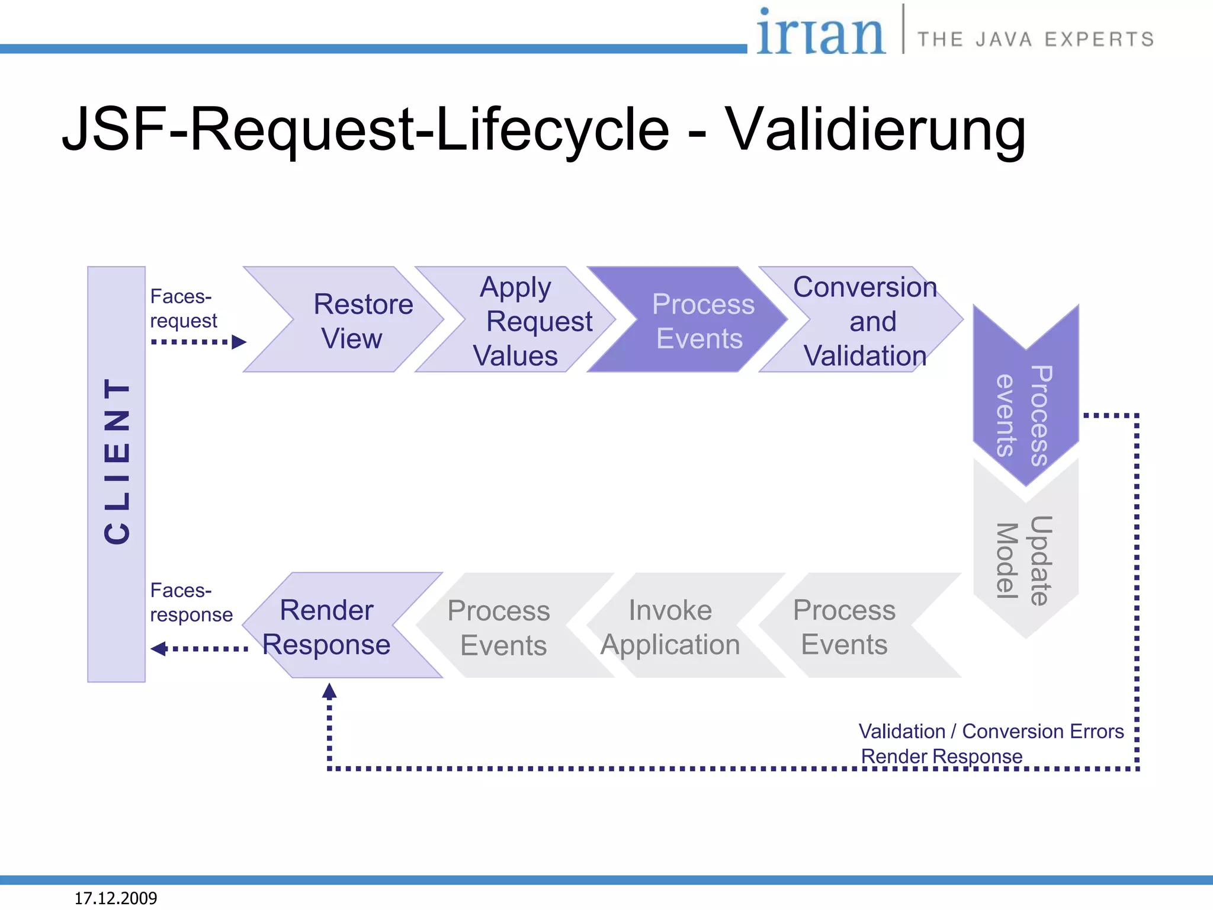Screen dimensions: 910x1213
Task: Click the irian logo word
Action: click(820, 33)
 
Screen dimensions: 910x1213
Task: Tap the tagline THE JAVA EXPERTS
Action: click(1035, 39)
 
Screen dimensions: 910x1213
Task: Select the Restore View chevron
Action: click(355, 321)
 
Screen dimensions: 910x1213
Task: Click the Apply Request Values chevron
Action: click(524, 321)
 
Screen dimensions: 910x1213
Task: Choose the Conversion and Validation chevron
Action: click(865, 321)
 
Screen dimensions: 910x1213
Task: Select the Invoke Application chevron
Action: click(675, 627)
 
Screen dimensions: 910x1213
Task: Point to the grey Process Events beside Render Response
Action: click(500, 627)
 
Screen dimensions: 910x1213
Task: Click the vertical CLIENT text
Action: click(116, 461)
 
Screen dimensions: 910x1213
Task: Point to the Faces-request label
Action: click(183, 308)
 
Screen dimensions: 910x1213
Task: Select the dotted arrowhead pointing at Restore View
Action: click(239, 342)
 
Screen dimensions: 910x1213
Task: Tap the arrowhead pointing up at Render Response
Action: click(329, 691)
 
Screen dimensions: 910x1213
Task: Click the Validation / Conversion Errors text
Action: click(991, 731)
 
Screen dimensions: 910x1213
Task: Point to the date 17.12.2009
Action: click(115, 898)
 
